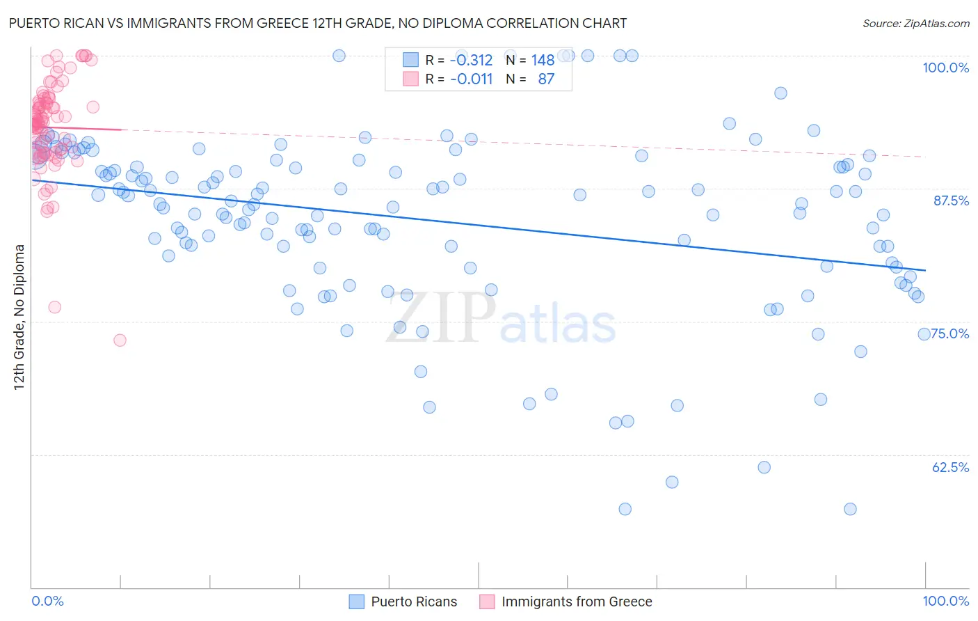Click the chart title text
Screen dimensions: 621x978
(318, 23)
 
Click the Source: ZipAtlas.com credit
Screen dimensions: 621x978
(915, 23)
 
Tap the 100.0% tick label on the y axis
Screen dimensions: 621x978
(945, 68)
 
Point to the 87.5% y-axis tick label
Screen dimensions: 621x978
(951, 201)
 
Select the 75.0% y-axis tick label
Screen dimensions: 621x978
(951, 333)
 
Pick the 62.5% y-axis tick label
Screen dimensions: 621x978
(951, 467)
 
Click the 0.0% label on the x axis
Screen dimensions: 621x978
(47, 601)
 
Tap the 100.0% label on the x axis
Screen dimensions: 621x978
(945, 601)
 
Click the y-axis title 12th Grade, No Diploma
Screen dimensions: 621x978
(19, 317)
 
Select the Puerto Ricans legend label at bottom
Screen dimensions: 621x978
(414, 602)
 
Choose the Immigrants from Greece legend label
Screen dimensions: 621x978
(577, 602)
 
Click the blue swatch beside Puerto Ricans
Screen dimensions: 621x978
(357, 602)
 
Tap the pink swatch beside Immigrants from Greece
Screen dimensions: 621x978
(487, 602)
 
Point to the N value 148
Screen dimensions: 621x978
(543, 60)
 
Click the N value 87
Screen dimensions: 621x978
(546, 79)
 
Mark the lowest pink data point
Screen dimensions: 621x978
(120, 340)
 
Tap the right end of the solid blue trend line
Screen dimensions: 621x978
(926, 270)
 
